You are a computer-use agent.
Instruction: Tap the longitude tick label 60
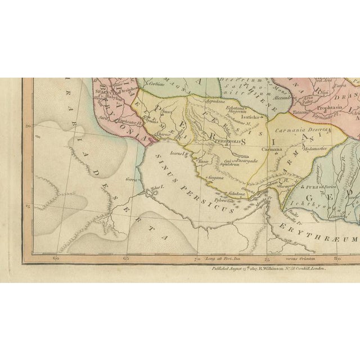pos(55,243)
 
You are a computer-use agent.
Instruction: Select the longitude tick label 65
pos(125,243)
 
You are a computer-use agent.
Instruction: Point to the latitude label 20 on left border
pos(28,127)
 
